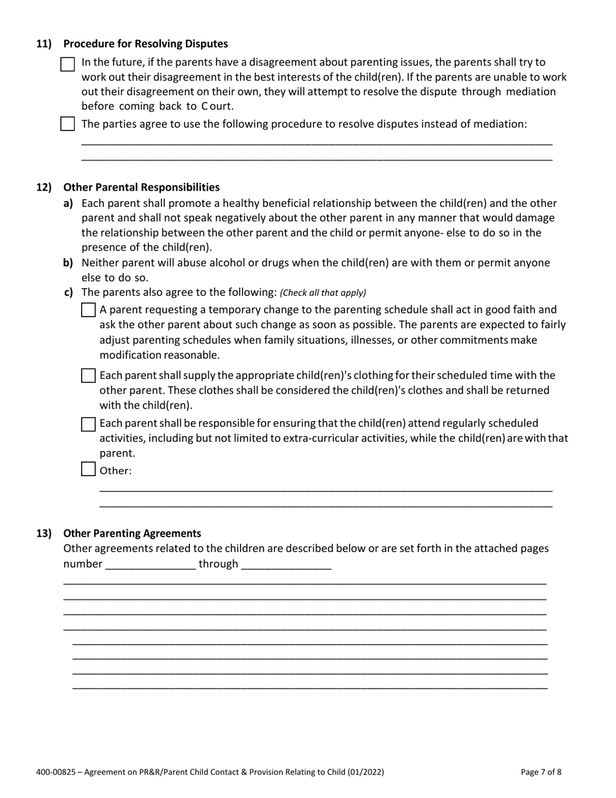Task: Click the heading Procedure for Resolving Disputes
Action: [x=145, y=44]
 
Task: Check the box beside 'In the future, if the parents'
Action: [x=67, y=64]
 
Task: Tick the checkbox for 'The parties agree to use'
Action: [x=67, y=124]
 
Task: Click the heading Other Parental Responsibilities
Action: [x=141, y=187]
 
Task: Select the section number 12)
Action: [x=43, y=187]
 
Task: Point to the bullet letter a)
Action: [x=68, y=203]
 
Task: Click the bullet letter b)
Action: [x=68, y=263]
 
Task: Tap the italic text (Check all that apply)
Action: [x=323, y=293]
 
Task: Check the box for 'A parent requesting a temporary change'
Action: [x=88, y=310]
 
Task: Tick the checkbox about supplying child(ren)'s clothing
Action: [x=88, y=376]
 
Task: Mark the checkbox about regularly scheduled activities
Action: [x=88, y=424]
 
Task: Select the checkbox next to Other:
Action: [x=88, y=469]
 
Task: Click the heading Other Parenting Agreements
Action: [x=132, y=533]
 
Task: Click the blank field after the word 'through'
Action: [x=286, y=564]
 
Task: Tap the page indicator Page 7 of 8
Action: [x=541, y=772]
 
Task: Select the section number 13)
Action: [x=43, y=533]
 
